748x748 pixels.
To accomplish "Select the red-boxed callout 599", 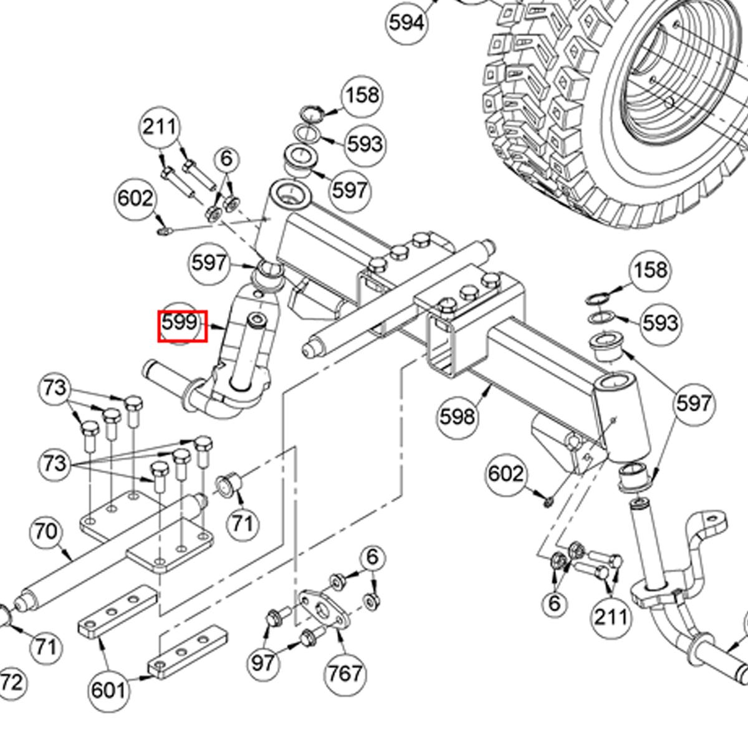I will coord(181,325).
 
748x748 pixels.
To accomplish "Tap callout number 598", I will coord(458,416).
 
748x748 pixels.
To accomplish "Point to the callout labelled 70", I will coord(47,532).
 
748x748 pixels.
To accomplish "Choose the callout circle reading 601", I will coord(108,690).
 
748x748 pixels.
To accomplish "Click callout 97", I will coord(262,662).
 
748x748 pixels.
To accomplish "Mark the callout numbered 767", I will coord(345,673).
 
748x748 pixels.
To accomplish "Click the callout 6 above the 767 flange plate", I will coord(372,557).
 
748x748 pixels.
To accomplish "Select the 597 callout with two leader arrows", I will coord(693,403).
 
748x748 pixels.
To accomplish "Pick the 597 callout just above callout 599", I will coord(209,262).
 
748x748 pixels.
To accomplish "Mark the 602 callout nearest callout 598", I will coord(506,474).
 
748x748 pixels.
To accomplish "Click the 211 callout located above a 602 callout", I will coord(160,127).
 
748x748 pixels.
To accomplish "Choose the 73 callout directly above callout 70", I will coord(54,464).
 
